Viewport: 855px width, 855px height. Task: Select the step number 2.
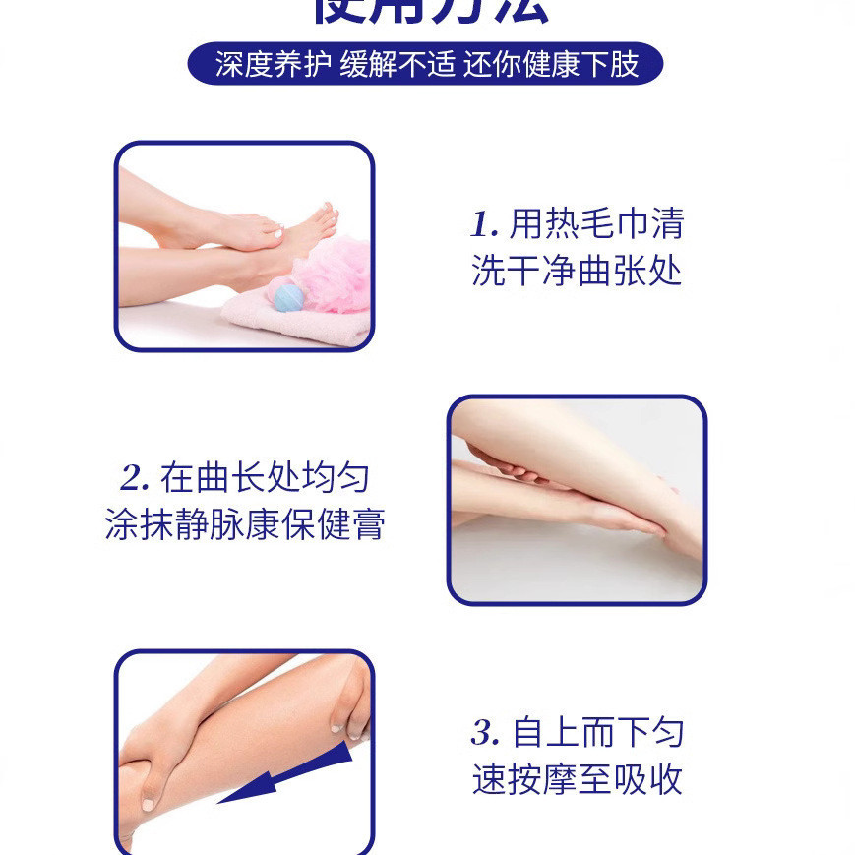tap(134, 479)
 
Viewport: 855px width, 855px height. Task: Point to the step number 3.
tap(484, 733)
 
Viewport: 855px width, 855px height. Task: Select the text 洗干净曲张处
tap(577, 271)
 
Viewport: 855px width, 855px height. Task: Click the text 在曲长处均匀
tap(266, 479)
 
